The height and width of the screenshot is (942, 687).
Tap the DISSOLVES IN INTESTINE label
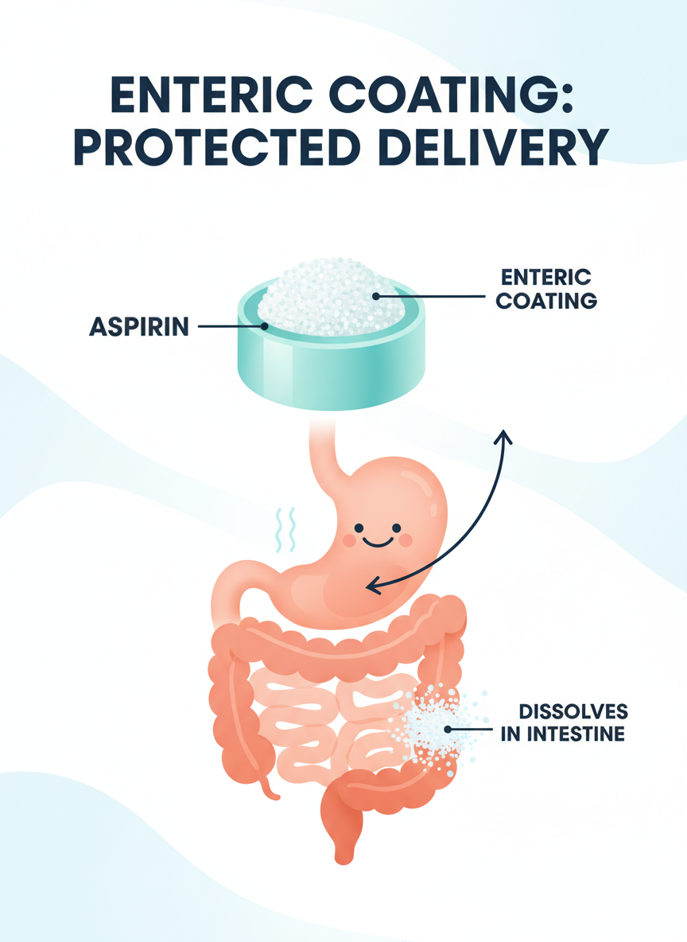[563, 722]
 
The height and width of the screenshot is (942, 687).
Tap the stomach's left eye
[359, 527]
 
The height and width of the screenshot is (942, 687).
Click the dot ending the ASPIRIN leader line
[262, 326]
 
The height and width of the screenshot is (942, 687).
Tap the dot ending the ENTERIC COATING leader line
[375, 296]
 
